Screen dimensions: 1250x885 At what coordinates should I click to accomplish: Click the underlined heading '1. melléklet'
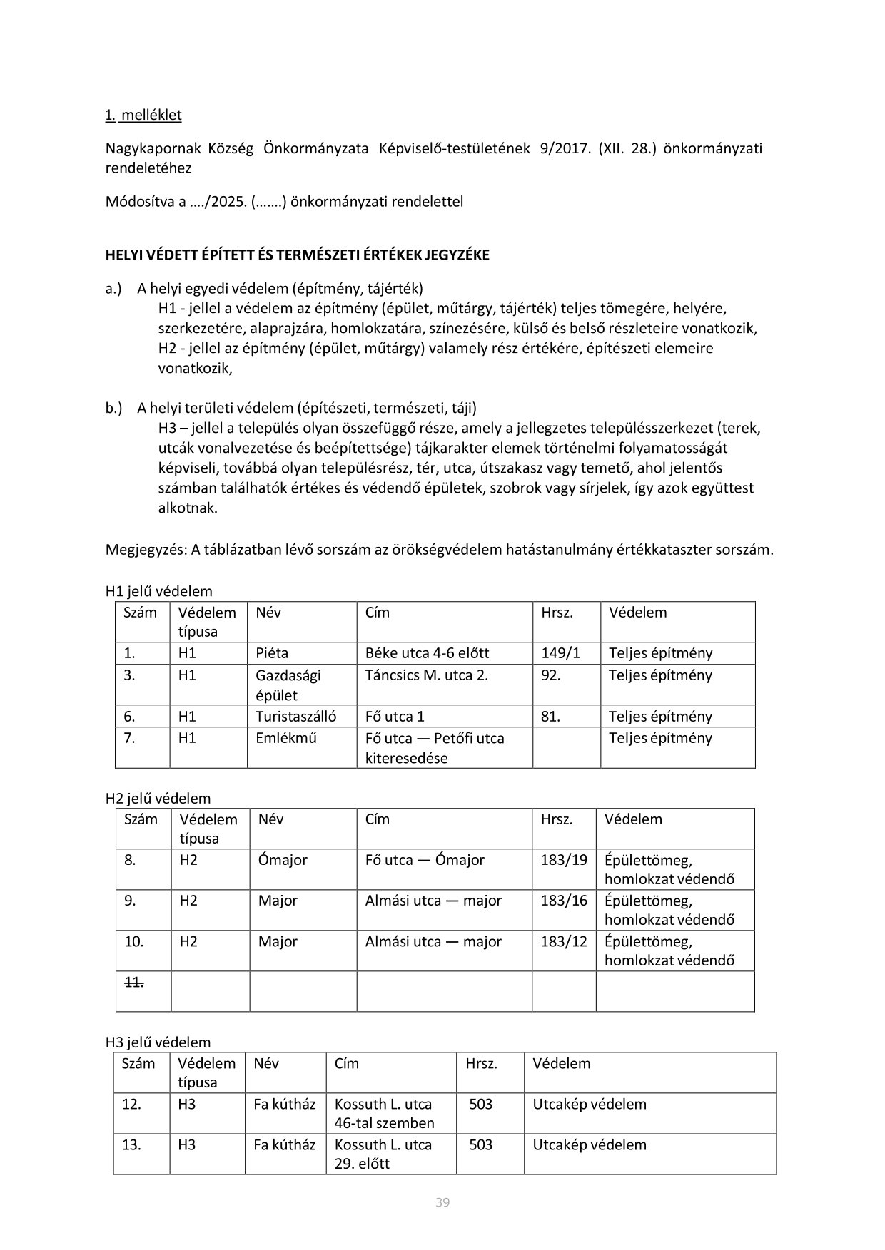pos(143,115)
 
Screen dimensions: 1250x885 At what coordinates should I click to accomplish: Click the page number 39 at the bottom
pos(442,1203)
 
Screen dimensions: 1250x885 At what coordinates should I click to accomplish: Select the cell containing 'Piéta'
pos(272,653)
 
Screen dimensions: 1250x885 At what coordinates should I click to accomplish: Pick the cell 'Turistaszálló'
pos(295,717)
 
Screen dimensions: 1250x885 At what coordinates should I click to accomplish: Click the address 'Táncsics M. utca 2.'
pos(426,675)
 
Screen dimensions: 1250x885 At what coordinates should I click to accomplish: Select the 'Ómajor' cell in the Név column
pos(283,860)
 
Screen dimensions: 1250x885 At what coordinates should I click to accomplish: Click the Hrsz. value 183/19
pos(564,860)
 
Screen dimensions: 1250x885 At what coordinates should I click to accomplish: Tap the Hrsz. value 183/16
pos(564,901)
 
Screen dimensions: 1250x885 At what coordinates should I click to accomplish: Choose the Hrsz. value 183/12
pos(564,941)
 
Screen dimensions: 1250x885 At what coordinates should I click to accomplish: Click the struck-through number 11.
pos(134,982)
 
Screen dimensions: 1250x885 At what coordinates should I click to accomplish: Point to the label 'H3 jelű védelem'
pos(158,1042)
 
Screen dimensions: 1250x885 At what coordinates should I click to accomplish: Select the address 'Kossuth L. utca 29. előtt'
pos(383,1154)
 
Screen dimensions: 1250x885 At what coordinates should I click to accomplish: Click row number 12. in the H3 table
pos(131,1105)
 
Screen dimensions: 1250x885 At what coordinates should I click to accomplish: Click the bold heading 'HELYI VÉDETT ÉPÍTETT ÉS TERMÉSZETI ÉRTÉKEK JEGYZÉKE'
pos(298,255)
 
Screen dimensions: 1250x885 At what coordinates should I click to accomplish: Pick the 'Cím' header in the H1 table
pos(377,613)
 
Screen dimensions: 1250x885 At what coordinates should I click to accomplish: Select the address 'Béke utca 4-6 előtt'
pos(427,653)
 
